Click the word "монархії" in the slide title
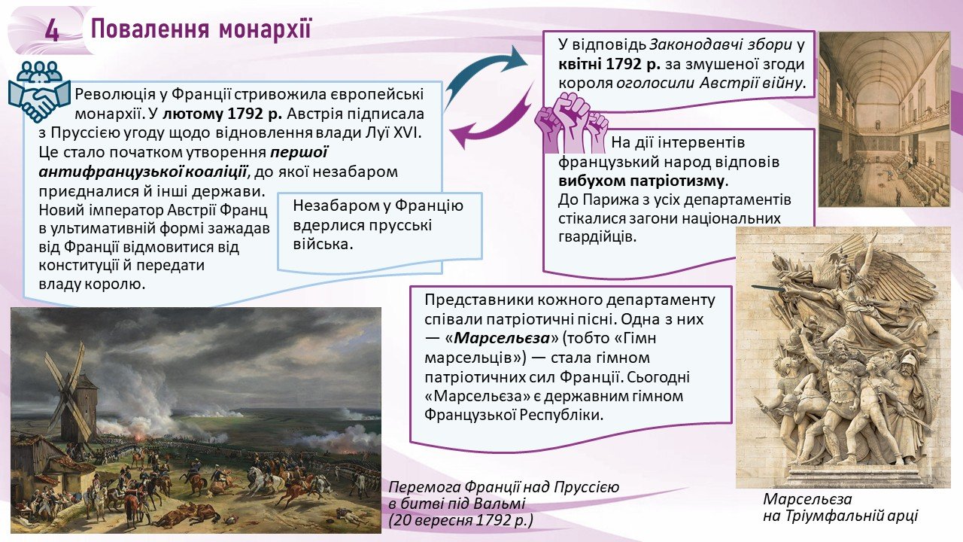pos(264,29)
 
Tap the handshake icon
pos(38,92)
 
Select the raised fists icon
pos(571,125)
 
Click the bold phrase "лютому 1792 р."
pos(222,114)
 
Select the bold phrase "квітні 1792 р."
pos(609,64)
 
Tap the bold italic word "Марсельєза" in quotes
pos(502,338)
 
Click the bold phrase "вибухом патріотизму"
pos(642,181)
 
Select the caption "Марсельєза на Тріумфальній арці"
pos(840,507)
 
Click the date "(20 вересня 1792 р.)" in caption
pos(460,520)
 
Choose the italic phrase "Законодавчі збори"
pos(720,44)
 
